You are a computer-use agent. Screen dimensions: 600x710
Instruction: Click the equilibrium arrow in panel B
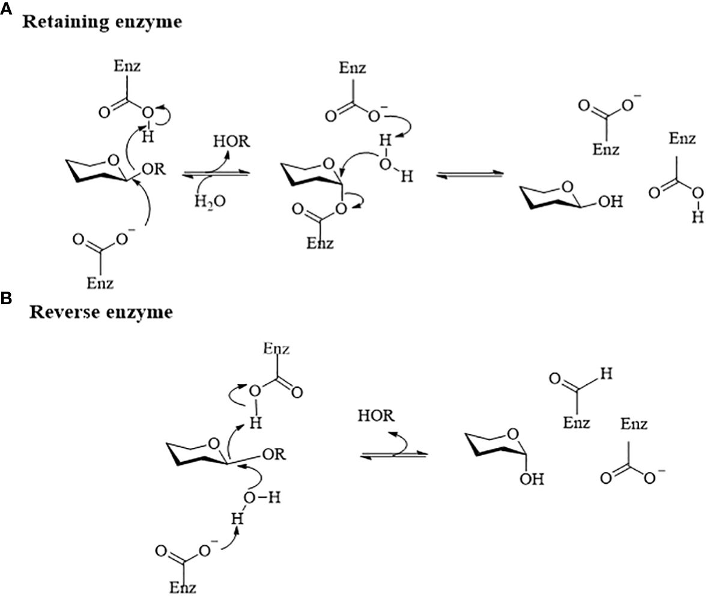[393, 455]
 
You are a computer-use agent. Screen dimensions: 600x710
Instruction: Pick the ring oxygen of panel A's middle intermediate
[327, 162]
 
